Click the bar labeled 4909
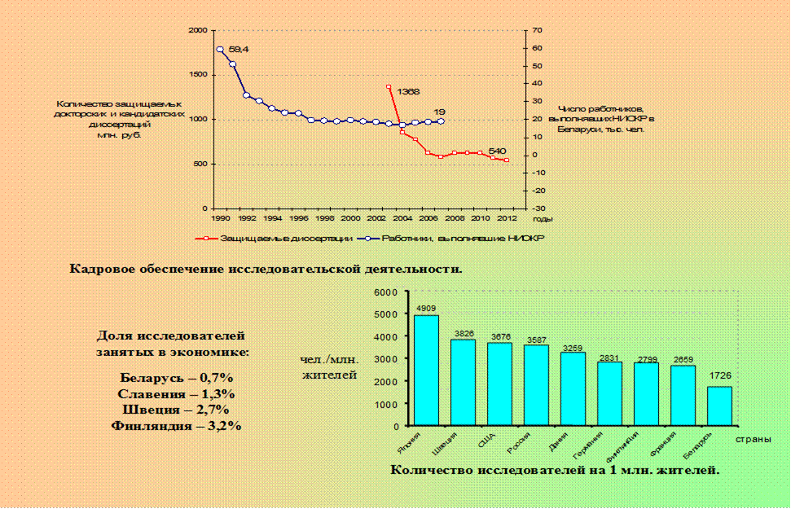426,371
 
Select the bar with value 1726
718,406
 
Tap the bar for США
499,384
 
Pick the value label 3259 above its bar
573,347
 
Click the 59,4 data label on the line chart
239,50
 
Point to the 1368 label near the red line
408,92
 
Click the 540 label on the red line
498,151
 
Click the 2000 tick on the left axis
196,30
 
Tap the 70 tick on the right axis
538,30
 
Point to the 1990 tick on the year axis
219,219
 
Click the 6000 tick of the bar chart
386,292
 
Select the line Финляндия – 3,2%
176,425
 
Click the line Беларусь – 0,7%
176,378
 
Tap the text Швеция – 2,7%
176,410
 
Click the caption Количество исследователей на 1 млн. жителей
555,469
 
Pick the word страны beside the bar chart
753,440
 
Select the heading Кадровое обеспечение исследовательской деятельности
266,268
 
